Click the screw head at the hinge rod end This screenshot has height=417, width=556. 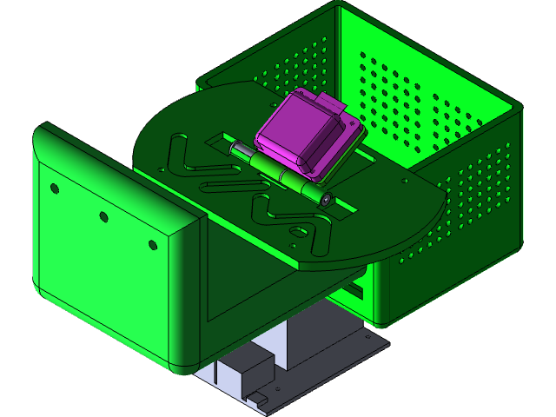[x=327, y=198]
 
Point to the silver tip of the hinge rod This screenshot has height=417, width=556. [x=235, y=150]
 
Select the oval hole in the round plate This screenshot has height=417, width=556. [x=297, y=232]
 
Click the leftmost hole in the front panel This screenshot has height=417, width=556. [x=54, y=189]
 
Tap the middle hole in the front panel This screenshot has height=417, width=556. [x=103, y=216]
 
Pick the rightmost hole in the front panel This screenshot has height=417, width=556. [x=153, y=244]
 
